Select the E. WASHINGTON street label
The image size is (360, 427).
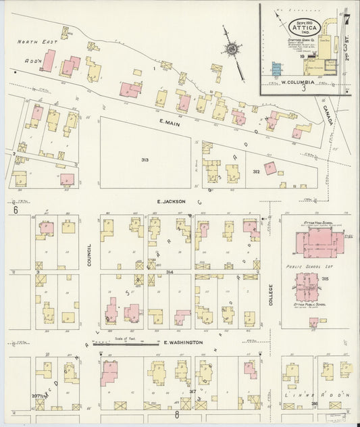[x=183, y=343]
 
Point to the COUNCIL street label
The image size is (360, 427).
[x=89, y=255]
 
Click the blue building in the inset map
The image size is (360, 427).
[x=276, y=70]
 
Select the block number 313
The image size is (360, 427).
[x=145, y=159]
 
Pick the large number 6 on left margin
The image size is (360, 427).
[x=14, y=209]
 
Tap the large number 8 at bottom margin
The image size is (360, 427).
[x=176, y=414]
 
